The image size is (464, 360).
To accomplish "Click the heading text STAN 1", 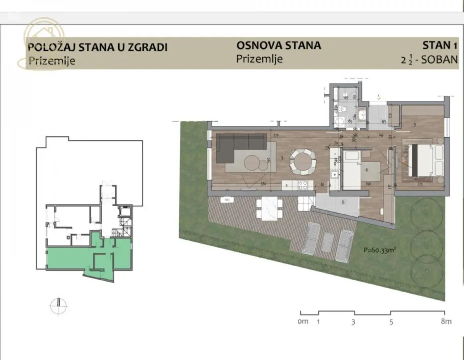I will click(x=440, y=45).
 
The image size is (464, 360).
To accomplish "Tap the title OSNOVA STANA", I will click(x=278, y=45).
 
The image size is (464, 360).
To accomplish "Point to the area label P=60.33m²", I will click(x=379, y=250).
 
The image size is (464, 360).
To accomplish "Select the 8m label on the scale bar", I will click(x=446, y=322).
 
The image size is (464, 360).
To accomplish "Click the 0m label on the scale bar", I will click(x=303, y=322).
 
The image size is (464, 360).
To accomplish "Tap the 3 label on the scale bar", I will click(x=353, y=322).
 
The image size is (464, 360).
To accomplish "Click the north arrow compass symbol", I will click(x=58, y=306).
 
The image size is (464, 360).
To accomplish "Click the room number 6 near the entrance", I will click(x=343, y=202).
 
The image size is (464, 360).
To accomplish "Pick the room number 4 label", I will click(x=366, y=169).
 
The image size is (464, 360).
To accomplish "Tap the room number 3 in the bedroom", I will click(x=414, y=124).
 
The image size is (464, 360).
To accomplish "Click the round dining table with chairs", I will click(x=303, y=162).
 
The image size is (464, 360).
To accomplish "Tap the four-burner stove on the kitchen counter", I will click(x=302, y=185).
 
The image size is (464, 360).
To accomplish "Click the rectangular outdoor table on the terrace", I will click(x=269, y=209).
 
